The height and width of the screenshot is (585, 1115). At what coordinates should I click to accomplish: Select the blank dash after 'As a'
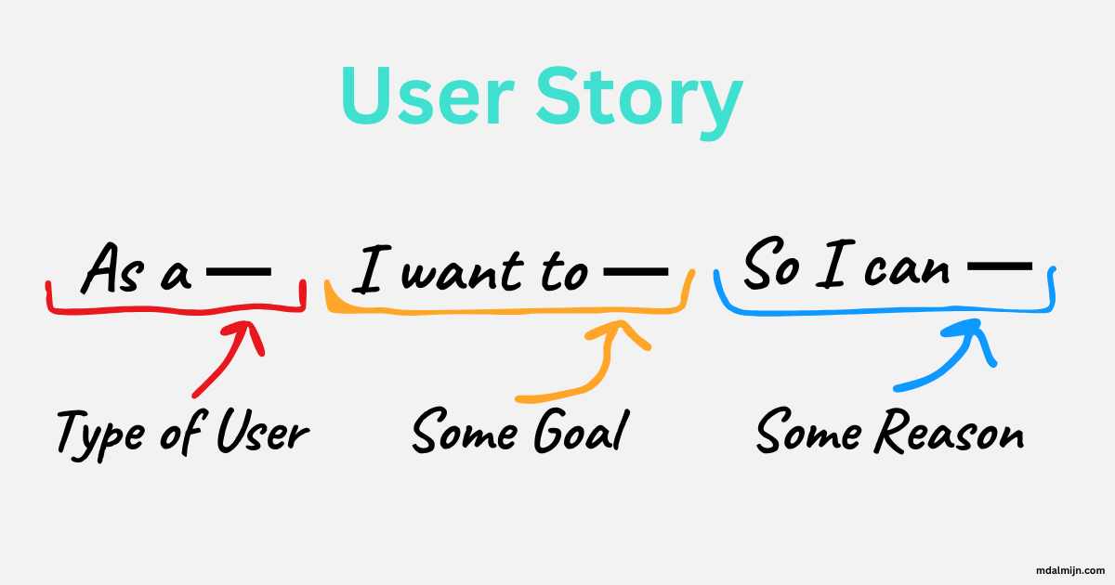239,272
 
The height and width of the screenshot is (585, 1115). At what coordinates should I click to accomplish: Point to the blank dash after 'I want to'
636,272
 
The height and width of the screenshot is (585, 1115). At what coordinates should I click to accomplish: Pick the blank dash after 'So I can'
1000,266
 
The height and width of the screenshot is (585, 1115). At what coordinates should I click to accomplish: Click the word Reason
953,432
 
